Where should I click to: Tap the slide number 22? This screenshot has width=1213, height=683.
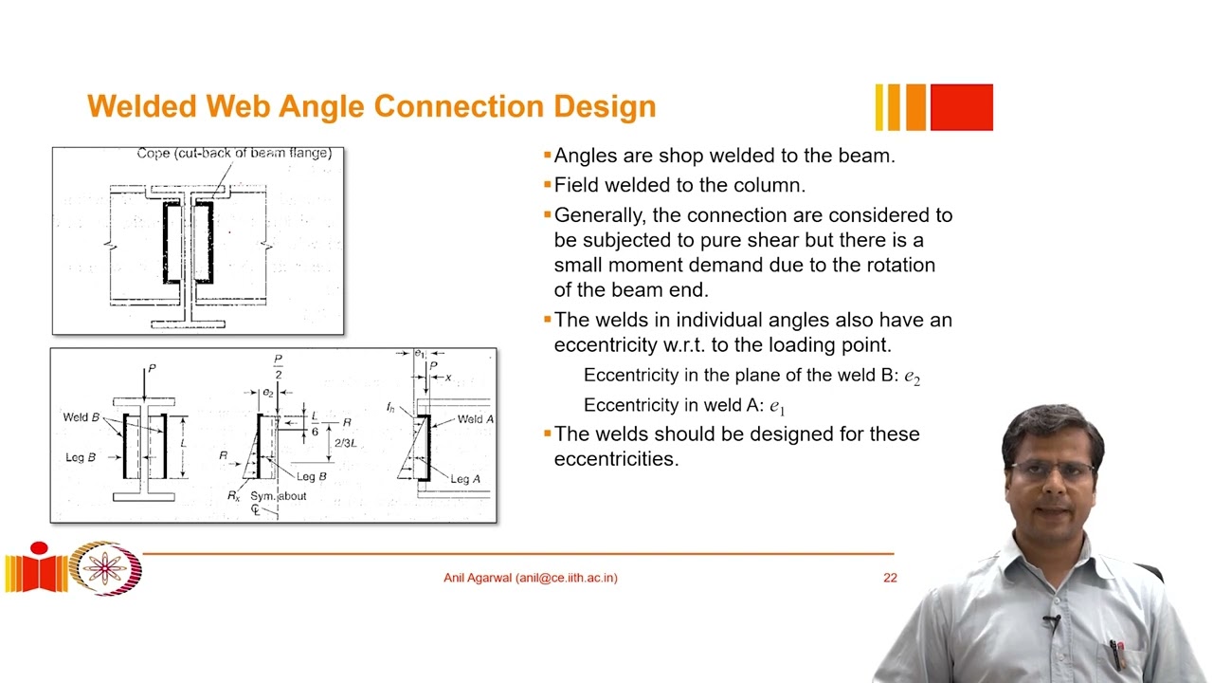pos(890,578)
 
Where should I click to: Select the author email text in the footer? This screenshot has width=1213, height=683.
pos(530,578)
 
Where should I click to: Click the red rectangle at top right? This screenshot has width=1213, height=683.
pos(961,107)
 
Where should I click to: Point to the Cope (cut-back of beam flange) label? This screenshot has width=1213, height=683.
pos(233,153)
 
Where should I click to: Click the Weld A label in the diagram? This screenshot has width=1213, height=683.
pos(475,419)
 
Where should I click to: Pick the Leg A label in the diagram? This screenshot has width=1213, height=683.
pos(464,479)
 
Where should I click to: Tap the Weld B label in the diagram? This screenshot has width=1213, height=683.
pos(81,417)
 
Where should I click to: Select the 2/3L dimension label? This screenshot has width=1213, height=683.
pos(345,443)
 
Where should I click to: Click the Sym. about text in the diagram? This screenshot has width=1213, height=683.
pos(278,496)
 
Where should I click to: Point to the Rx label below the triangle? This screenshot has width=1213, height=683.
pos(233,496)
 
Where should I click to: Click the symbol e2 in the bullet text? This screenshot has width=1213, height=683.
pos(912,377)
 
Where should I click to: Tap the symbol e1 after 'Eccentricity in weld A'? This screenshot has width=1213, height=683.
pos(777,407)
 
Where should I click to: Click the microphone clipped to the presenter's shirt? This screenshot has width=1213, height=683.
pos(1050,623)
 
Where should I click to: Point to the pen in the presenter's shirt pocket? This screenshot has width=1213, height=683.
pos(1117,655)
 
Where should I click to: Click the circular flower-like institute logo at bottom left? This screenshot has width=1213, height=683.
pos(106,568)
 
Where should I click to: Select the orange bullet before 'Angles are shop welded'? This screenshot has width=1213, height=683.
pos(547,156)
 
